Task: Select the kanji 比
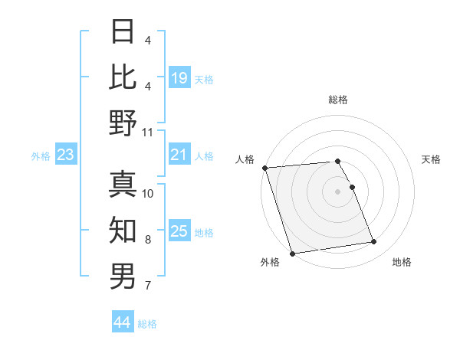coord(123,77)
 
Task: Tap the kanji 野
coord(123,123)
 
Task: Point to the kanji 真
coord(123,184)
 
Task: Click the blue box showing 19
coord(179,77)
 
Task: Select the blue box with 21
coord(179,155)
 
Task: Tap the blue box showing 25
coord(179,231)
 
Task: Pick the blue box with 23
coord(65,155)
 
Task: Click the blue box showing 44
coord(122,322)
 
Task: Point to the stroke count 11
coord(148,133)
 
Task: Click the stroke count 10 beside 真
coord(148,194)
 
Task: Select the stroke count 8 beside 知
coord(148,240)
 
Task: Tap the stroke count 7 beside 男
coord(148,286)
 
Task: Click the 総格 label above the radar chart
coord(338,100)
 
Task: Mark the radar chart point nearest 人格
coord(264,168)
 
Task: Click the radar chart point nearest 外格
coord(292,254)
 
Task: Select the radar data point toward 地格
coord(374,242)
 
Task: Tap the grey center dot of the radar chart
coord(338,191)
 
